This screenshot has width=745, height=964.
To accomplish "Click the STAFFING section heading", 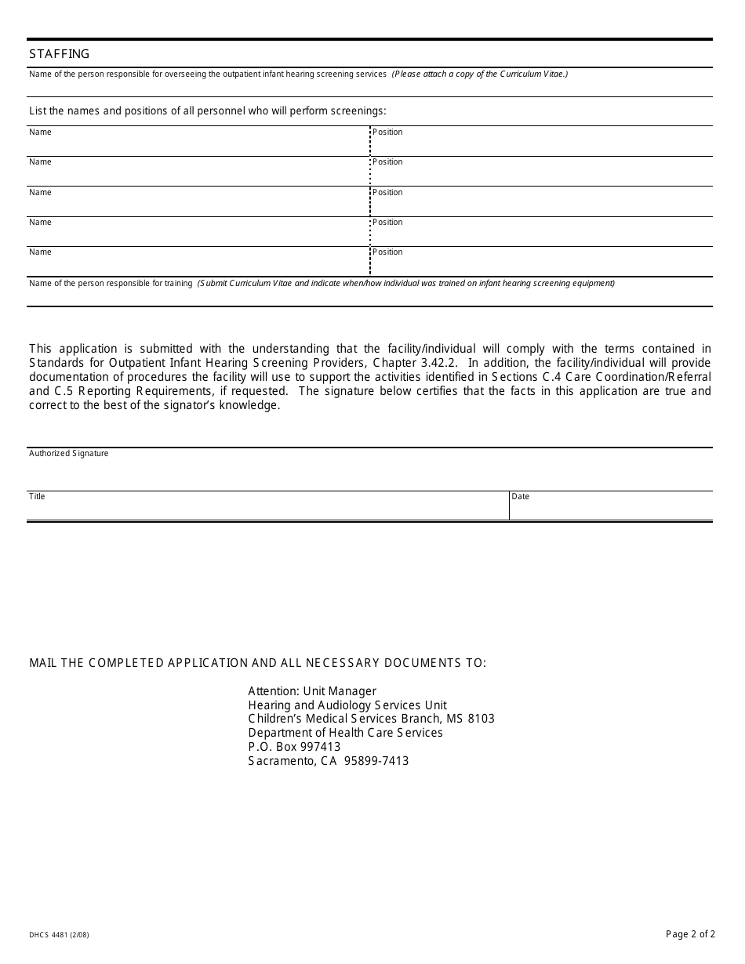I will tap(60, 54).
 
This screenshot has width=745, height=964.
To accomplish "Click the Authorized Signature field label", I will tap(69, 454).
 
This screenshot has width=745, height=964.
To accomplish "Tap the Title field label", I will tap(37, 496).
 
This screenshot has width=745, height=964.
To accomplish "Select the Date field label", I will tap(521, 496).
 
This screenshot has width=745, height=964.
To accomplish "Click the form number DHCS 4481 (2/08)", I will tap(59, 934).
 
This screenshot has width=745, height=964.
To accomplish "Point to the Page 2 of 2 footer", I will tap(690, 933).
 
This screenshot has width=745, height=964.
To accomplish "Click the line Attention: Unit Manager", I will tap(312, 691).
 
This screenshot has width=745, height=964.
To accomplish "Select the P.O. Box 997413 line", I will tap(294, 747).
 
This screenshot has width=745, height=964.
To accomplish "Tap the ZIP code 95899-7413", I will tap(376, 761).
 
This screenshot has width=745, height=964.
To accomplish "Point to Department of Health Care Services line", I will tap(345, 733).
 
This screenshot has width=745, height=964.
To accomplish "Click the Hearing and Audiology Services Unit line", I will tap(347, 705).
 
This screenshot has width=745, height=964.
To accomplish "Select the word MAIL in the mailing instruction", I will tap(44, 663).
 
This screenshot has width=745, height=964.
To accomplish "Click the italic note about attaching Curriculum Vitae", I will tap(480, 74).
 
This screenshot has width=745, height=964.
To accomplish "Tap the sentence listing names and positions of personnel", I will tap(208, 111).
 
